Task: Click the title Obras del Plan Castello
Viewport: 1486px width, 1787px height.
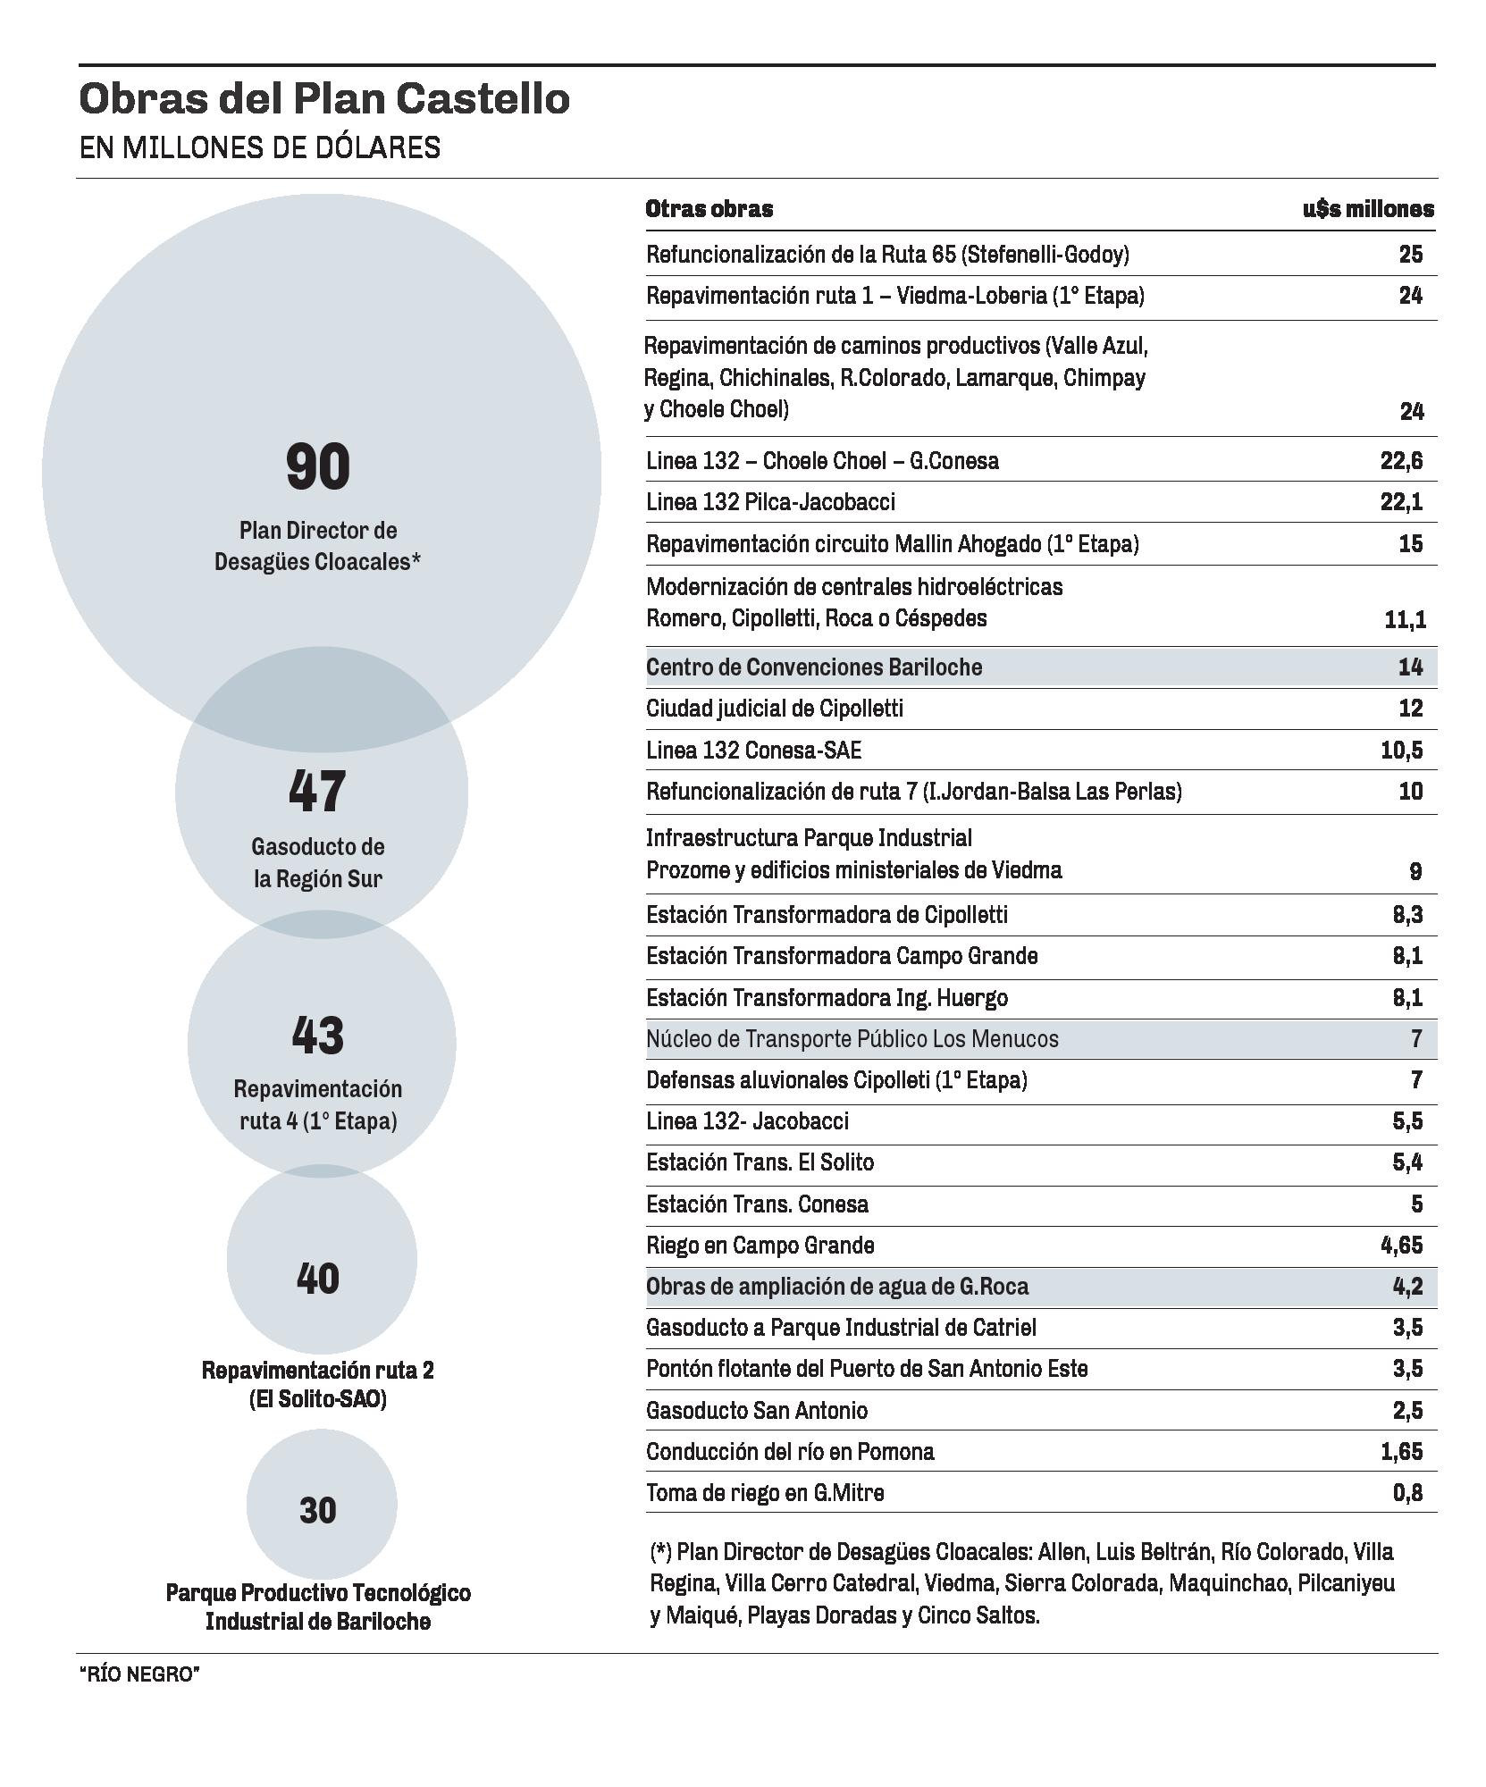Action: click(324, 98)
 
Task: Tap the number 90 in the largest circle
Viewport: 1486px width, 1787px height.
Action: click(318, 466)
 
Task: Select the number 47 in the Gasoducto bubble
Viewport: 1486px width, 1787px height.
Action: click(317, 792)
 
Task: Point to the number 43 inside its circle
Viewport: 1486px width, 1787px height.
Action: click(318, 1035)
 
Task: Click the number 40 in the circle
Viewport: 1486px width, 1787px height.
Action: click(318, 1279)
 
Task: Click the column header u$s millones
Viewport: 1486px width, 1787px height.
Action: click(1367, 209)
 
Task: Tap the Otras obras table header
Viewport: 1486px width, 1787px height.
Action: click(709, 209)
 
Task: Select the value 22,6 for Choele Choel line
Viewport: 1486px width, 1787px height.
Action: click(1401, 461)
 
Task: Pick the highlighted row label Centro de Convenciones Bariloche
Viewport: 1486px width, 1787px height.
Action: click(813, 667)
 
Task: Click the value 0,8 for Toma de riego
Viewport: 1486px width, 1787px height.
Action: click(1407, 1493)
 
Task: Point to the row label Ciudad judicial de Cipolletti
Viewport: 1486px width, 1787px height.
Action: click(774, 709)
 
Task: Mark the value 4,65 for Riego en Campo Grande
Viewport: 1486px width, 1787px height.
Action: click(1401, 1246)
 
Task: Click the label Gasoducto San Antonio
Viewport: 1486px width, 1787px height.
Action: click(756, 1411)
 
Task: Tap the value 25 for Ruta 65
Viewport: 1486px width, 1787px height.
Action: click(1410, 255)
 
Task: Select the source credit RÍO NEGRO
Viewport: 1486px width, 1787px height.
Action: click(139, 1674)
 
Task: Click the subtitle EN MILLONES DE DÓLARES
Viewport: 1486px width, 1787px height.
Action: click(259, 147)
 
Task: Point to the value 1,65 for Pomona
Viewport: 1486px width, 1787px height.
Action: click(1401, 1452)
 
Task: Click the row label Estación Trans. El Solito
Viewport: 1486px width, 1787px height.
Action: click(760, 1162)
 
